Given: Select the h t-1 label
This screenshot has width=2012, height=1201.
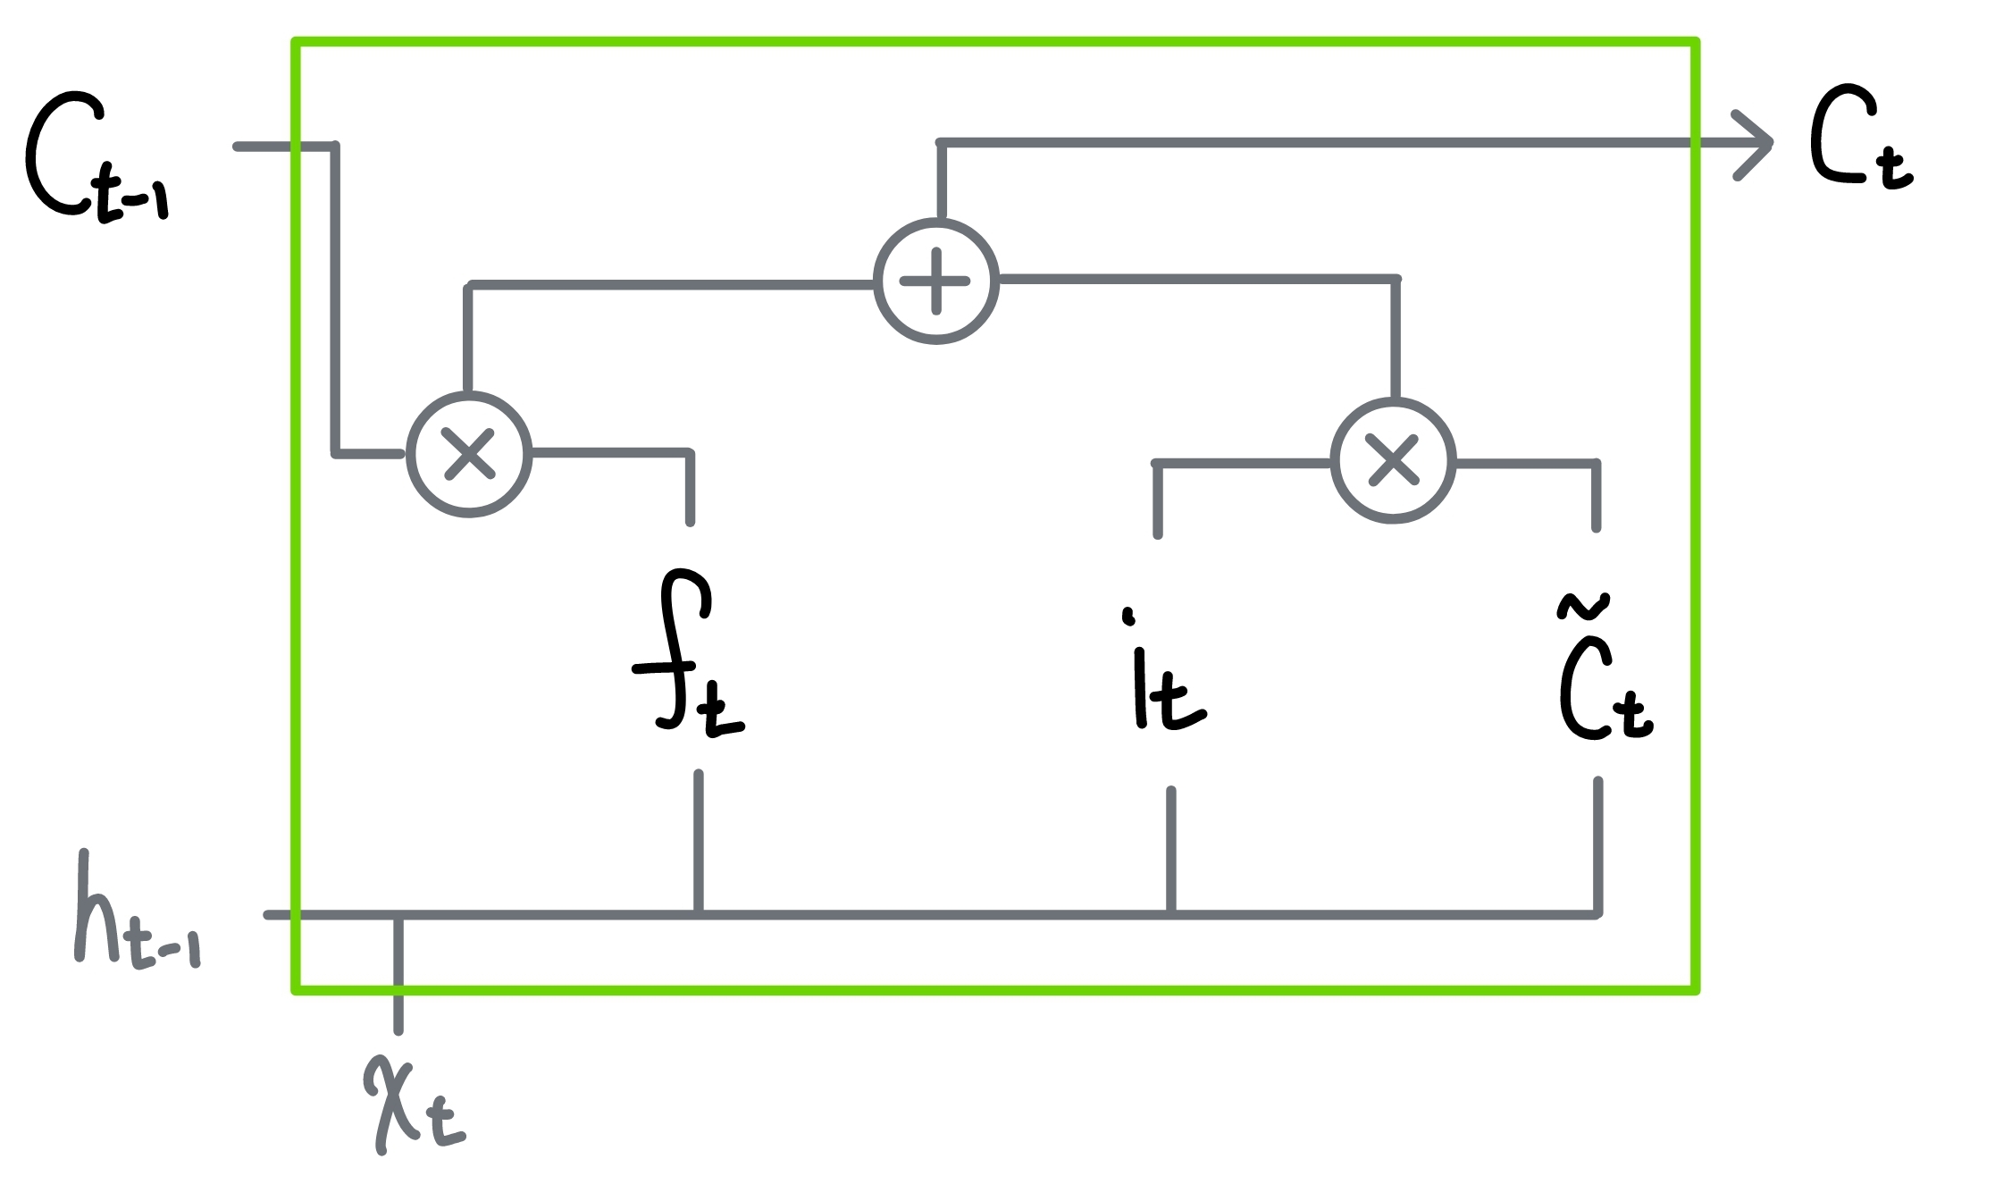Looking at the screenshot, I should (134, 911).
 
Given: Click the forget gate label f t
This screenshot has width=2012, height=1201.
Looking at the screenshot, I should (688, 657).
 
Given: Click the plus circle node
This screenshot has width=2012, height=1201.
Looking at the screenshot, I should (935, 281).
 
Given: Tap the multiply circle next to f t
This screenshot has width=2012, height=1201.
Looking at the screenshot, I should (469, 454).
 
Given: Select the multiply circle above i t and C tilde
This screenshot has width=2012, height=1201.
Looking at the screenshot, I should (1393, 461).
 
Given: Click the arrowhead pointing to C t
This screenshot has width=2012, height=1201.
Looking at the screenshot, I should (1756, 145).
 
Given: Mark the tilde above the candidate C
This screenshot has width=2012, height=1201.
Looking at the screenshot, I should (1583, 606).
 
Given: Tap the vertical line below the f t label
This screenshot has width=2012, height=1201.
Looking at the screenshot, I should (699, 840).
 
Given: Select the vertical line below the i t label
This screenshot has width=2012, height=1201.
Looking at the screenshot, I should (1170, 849).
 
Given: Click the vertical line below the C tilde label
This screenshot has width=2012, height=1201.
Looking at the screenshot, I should (1597, 844).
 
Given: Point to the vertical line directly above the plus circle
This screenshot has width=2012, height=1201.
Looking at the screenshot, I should (940, 179).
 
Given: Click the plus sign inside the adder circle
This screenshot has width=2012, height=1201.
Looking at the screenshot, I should (935, 281).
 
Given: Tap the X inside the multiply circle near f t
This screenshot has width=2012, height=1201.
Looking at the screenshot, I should (469, 454).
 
